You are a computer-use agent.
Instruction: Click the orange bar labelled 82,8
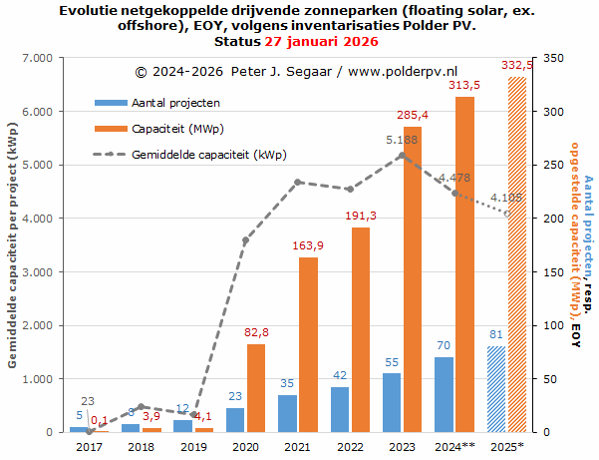click(256, 388)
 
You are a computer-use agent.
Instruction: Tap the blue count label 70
click(444, 346)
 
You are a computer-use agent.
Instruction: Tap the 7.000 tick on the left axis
click(39, 59)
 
